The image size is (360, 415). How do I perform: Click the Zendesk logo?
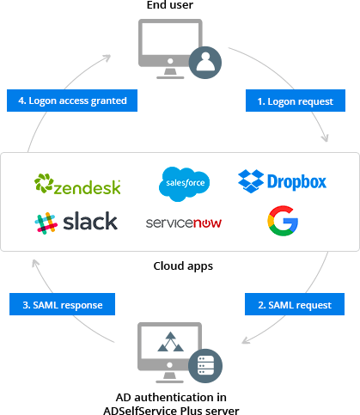pos(77,184)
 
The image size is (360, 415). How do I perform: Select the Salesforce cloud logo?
pos(184,183)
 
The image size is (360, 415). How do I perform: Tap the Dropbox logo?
pos(283,181)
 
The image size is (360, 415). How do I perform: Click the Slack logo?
pos(76,222)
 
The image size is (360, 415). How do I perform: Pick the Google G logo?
pos(283,221)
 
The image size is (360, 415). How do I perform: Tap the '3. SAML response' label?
pos(61,304)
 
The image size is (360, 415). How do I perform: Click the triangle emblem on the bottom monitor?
pos(169,345)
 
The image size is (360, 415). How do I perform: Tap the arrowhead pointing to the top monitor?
pos(107,58)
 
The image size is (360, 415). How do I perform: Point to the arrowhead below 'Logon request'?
pos(324,137)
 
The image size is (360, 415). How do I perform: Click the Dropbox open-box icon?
pos(250,181)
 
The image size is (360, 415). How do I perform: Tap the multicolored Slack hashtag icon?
pos(45,222)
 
